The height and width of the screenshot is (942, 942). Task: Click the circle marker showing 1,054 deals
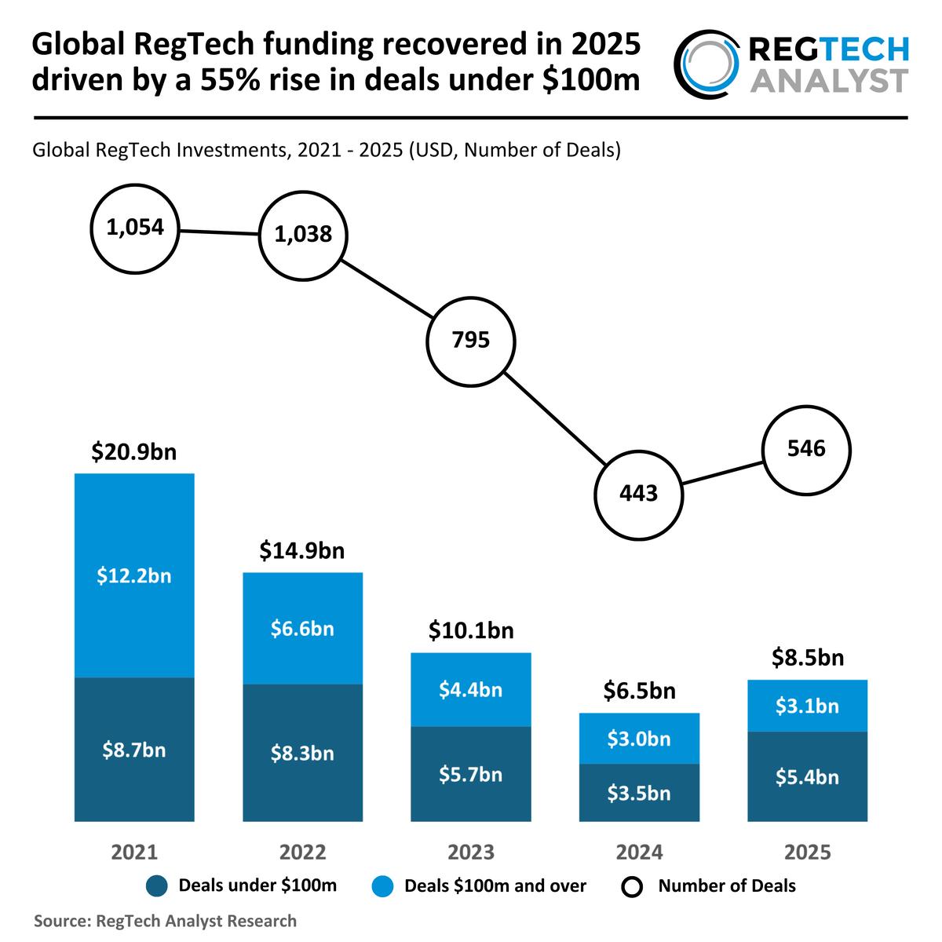point(134,229)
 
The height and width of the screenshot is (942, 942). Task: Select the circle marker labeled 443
point(638,495)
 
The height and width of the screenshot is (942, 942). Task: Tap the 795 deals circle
point(470,341)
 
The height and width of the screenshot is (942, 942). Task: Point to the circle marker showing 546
point(807,449)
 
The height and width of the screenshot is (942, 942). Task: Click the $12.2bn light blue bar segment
point(134,575)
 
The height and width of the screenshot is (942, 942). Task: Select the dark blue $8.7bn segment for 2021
point(134,750)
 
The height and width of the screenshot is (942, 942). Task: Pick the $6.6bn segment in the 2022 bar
point(302,629)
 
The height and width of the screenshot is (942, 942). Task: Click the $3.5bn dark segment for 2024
point(638,793)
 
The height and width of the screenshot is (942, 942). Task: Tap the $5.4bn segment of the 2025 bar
point(807,777)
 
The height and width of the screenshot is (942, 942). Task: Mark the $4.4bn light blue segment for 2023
point(470,690)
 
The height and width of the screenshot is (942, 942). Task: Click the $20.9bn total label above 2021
point(134,453)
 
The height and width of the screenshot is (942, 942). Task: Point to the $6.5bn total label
point(638,692)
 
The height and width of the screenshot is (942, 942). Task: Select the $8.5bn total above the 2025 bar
point(807,657)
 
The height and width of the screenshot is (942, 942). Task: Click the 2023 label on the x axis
point(470,853)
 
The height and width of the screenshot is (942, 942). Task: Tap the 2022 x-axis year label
point(302,853)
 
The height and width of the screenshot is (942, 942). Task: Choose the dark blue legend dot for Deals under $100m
point(157,887)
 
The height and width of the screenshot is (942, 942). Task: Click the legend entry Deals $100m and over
point(495,886)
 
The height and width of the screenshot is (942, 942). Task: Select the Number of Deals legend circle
point(632,887)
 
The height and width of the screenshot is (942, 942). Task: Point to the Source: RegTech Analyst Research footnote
point(165,921)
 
